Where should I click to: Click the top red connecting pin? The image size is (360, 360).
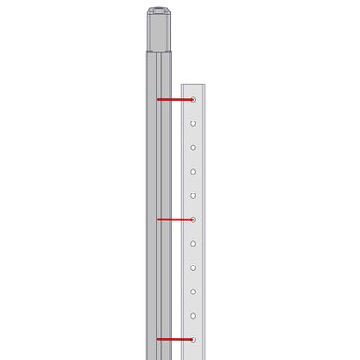173,99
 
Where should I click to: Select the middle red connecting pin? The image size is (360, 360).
173,219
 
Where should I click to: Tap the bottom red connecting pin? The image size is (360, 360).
173,339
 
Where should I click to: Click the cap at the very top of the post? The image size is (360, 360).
158,12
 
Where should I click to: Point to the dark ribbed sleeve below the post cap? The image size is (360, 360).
158,34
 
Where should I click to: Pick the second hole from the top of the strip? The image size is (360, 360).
193,123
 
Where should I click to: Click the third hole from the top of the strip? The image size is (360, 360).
193,147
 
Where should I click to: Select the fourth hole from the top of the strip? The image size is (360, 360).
193,171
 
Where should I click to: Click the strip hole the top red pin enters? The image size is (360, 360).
193,99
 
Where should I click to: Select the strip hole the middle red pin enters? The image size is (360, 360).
193,219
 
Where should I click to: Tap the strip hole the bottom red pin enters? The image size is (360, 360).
193,339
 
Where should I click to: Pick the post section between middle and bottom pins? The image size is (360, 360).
158,279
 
